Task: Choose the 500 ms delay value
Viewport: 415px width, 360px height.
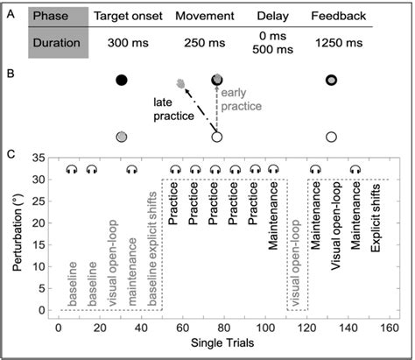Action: tap(274, 48)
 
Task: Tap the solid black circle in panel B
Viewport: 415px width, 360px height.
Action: tap(122, 80)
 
